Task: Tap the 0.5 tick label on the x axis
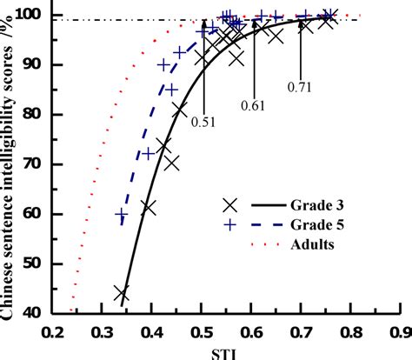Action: tap(202, 331)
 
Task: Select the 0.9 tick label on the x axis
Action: tap(399, 331)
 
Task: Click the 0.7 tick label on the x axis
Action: tap(301, 331)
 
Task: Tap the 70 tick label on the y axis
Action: tap(36, 163)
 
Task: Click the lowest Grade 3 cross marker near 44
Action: tap(122, 294)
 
